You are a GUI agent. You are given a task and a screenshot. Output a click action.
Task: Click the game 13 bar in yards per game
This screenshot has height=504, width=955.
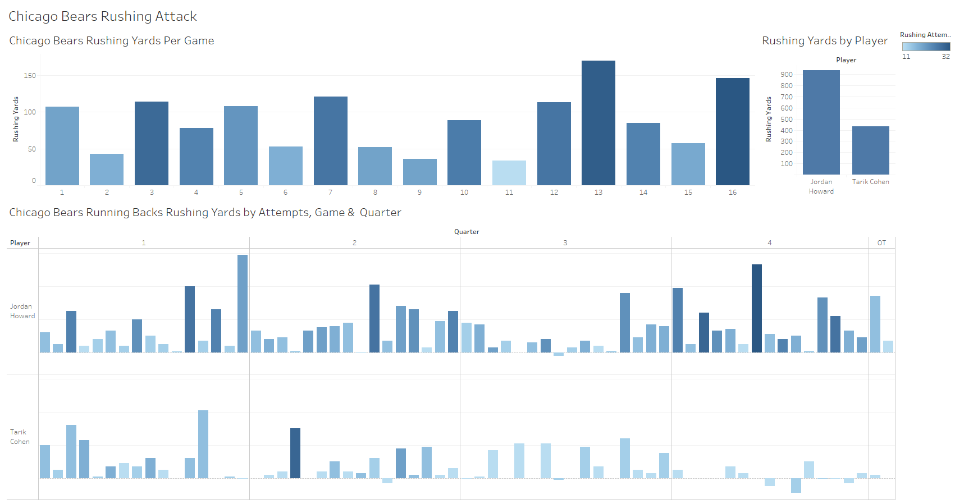tap(598, 123)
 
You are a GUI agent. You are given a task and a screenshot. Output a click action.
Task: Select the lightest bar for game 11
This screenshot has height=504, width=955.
tap(509, 173)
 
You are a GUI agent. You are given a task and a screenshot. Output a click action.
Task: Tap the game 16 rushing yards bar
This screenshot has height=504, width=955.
tap(732, 131)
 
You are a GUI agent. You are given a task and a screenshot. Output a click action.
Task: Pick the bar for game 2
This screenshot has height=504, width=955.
tap(107, 169)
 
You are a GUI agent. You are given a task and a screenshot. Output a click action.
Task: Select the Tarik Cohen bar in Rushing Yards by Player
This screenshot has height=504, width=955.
tap(870, 150)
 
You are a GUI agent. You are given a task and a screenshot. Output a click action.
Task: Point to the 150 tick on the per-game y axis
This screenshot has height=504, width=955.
tap(30, 76)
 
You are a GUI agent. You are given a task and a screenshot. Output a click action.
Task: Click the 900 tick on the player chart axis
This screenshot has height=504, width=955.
tap(787, 75)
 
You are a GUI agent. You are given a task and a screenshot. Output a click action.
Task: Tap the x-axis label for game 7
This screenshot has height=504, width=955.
tap(330, 193)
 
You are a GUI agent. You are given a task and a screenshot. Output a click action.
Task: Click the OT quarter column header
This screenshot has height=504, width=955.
tap(881, 243)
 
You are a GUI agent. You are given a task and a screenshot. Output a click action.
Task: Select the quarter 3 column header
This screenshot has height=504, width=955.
tap(565, 243)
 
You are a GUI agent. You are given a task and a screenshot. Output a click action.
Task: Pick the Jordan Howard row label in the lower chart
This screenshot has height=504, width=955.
tap(22, 311)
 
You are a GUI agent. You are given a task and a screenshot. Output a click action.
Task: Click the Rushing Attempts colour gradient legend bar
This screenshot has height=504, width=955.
tap(926, 47)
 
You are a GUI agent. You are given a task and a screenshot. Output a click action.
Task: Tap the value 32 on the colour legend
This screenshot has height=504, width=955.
tap(945, 57)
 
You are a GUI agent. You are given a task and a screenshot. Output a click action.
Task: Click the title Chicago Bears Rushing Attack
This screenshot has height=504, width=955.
tap(103, 16)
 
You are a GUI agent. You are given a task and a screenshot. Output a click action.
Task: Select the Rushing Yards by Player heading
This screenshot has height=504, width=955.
tap(825, 41)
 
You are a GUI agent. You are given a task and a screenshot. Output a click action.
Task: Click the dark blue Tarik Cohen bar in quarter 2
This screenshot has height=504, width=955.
tap(295, 453)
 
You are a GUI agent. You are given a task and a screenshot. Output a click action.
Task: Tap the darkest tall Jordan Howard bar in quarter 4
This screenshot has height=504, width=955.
tap(756, 308)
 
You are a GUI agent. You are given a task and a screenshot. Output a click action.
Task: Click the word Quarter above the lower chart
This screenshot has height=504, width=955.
tap(467, 232)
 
